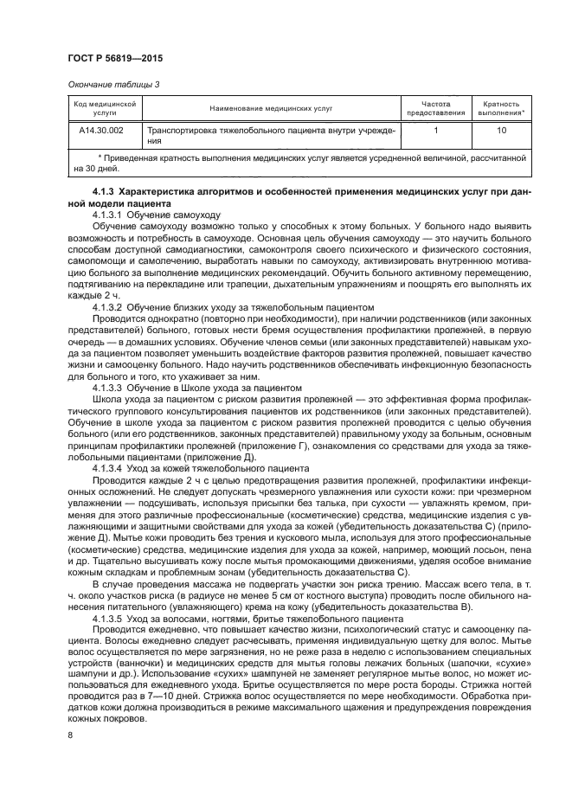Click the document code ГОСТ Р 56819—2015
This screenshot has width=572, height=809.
click(x=115, y=58)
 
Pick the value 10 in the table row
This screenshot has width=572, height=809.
click(x=501, y=130)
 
